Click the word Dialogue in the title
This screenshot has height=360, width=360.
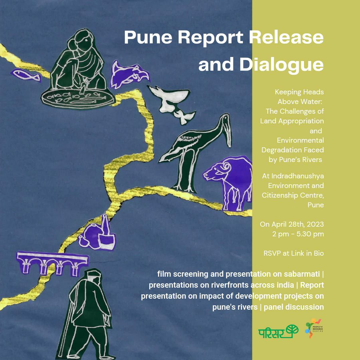pos(282,65)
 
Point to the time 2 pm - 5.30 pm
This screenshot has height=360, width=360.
pos(298,234)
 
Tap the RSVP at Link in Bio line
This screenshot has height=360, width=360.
pos(293,253)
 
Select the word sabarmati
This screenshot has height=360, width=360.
pos(300,274)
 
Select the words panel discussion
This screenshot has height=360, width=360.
pos(294,307)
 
